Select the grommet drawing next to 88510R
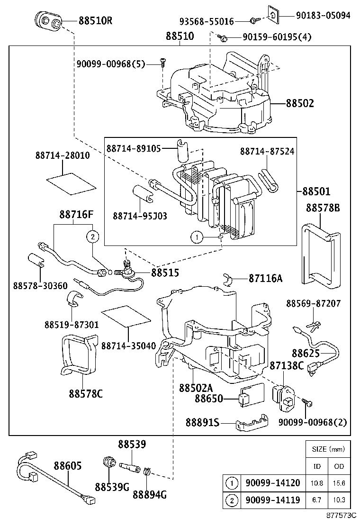[x=49, y=21]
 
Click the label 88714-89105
[x=133, y=148]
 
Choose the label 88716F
[x=76, y=214]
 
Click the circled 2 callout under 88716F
[x=92, y=236]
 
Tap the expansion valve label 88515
[x=165, y=273]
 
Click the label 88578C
[x=86, y=393]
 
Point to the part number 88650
[x=209, y=399]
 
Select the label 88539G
[x=112, y=487]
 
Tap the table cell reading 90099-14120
[x=272, y=483]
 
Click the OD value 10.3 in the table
[x=339, y=500]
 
